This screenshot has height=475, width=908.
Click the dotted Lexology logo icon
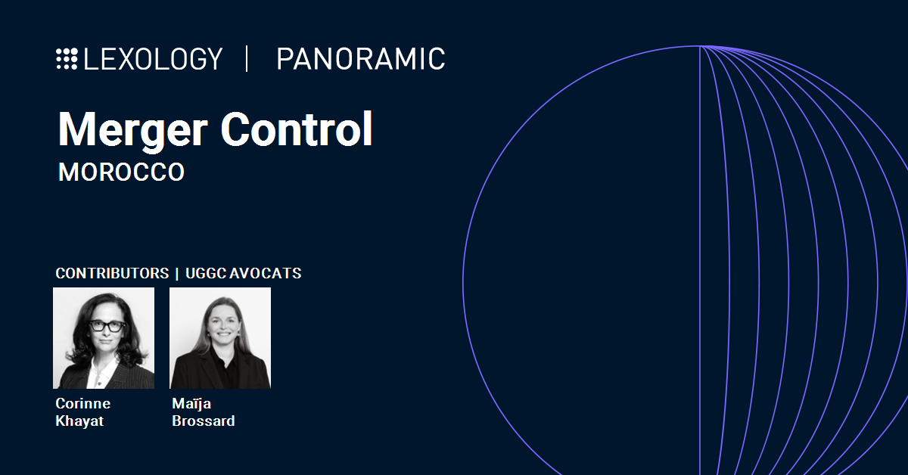67,59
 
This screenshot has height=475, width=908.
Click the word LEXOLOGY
153,59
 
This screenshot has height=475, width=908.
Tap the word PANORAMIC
361,59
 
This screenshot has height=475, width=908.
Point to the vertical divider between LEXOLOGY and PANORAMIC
247,59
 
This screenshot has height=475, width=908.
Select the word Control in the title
297,129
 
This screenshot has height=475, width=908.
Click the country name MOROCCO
121,172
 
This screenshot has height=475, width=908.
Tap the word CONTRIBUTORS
112,273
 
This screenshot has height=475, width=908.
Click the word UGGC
206,273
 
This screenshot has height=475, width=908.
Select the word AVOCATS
266,273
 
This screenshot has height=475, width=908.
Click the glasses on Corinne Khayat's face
107,326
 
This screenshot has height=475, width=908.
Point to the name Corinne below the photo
83,404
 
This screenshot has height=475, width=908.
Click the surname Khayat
79,421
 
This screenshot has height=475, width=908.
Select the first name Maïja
191,404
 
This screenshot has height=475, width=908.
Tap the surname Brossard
204,421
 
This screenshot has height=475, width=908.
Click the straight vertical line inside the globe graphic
700,260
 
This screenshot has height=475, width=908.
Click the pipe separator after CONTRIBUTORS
177,274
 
